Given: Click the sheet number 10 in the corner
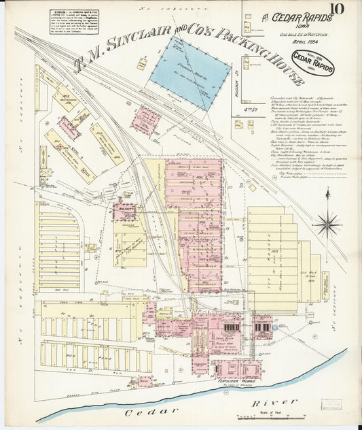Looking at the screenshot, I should click(338, 9).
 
